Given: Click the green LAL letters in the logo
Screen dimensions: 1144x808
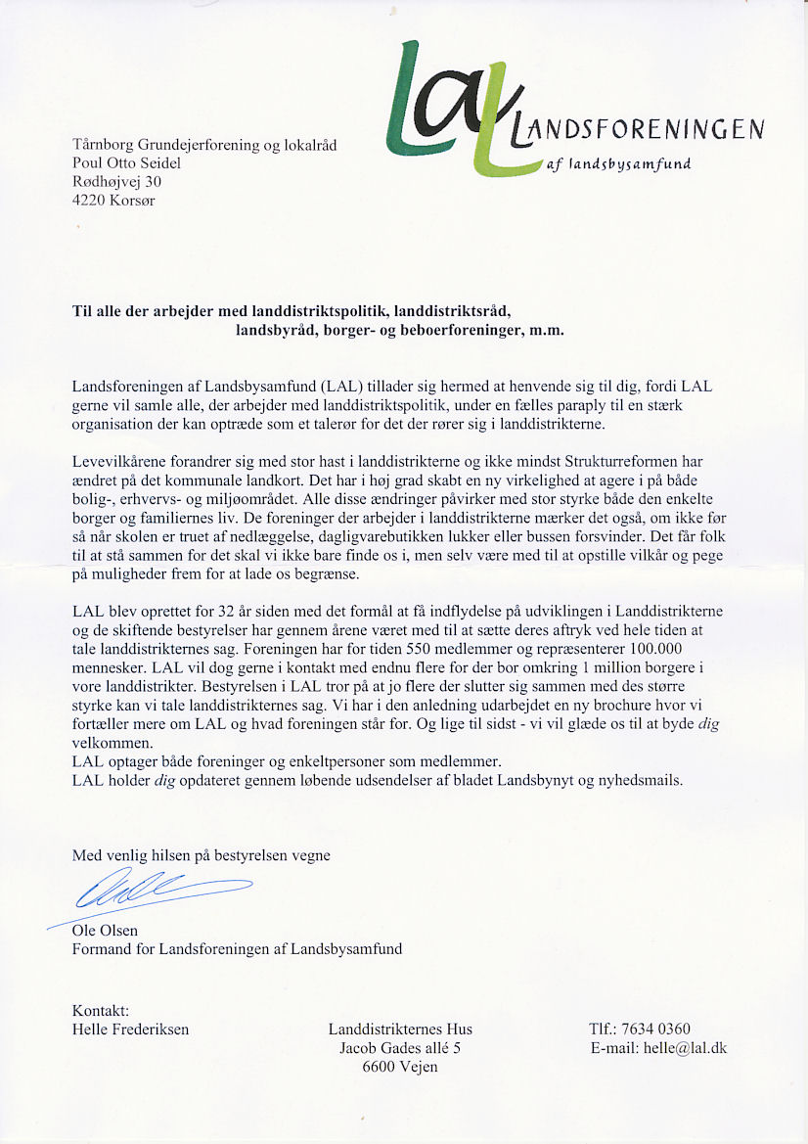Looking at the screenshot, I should [460, 108].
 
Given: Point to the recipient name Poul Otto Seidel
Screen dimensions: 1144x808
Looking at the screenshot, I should [127, 163].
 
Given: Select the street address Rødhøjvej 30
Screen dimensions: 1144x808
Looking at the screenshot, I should [110, 182].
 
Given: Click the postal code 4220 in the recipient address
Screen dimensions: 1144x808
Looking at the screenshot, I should [91, 201].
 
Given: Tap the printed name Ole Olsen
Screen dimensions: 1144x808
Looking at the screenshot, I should [105, 931].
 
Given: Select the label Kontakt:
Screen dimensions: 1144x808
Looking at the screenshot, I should [101, 1010].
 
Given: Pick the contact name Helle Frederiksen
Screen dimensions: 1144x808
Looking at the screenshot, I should [130, 1029].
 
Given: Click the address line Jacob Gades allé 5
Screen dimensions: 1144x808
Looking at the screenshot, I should [400, 1048].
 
